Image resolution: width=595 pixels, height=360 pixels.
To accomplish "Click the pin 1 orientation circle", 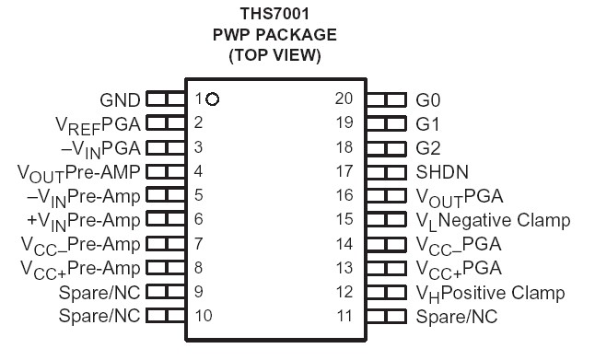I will pos(213,99).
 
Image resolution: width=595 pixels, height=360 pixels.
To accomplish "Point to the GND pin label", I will pos(120,99).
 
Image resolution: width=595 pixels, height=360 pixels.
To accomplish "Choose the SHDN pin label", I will pos(442,171).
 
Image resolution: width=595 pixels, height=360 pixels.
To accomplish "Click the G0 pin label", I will pos(428,99).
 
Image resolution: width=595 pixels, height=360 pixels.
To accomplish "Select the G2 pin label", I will pos(428,147).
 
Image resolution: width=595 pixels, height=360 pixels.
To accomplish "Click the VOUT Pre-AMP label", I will pos(79,171).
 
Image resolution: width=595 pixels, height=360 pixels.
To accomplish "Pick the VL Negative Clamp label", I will pos(493,220).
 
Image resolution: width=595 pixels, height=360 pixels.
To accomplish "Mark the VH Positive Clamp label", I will pos(490,293).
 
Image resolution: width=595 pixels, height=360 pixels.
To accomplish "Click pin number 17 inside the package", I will pos(344,171).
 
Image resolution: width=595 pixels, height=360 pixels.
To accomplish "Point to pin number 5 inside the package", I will pos(199,195).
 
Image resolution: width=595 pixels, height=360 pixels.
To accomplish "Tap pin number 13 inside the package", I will pos(344,268).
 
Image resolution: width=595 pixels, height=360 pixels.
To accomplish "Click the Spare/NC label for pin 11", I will pos(456,317).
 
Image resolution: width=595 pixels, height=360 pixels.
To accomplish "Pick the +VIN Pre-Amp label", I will pos(85,220).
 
